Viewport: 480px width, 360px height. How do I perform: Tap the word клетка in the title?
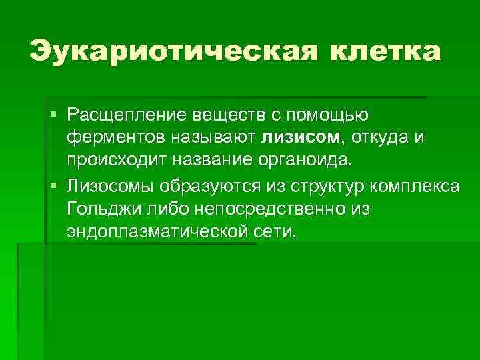(x=377, y=52)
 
